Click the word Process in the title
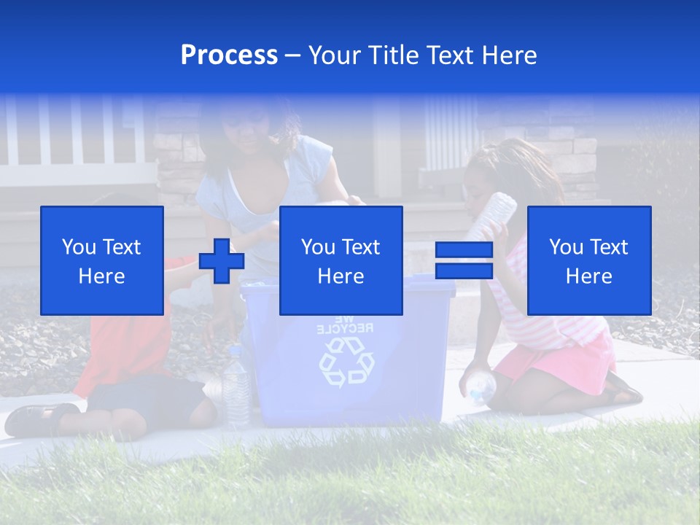point(229,55)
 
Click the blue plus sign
point(221,260)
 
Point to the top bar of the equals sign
point(464,250)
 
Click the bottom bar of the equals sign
point(464,271)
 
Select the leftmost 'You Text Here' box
point(102,260)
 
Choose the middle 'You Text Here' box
point(341,260)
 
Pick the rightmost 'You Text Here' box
point(588,260)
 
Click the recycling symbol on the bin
point(346,362)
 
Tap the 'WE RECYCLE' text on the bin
point(346,324)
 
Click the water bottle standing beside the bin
point(236,386)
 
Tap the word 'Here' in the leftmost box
point(101,276)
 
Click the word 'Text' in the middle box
point(362,247)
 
